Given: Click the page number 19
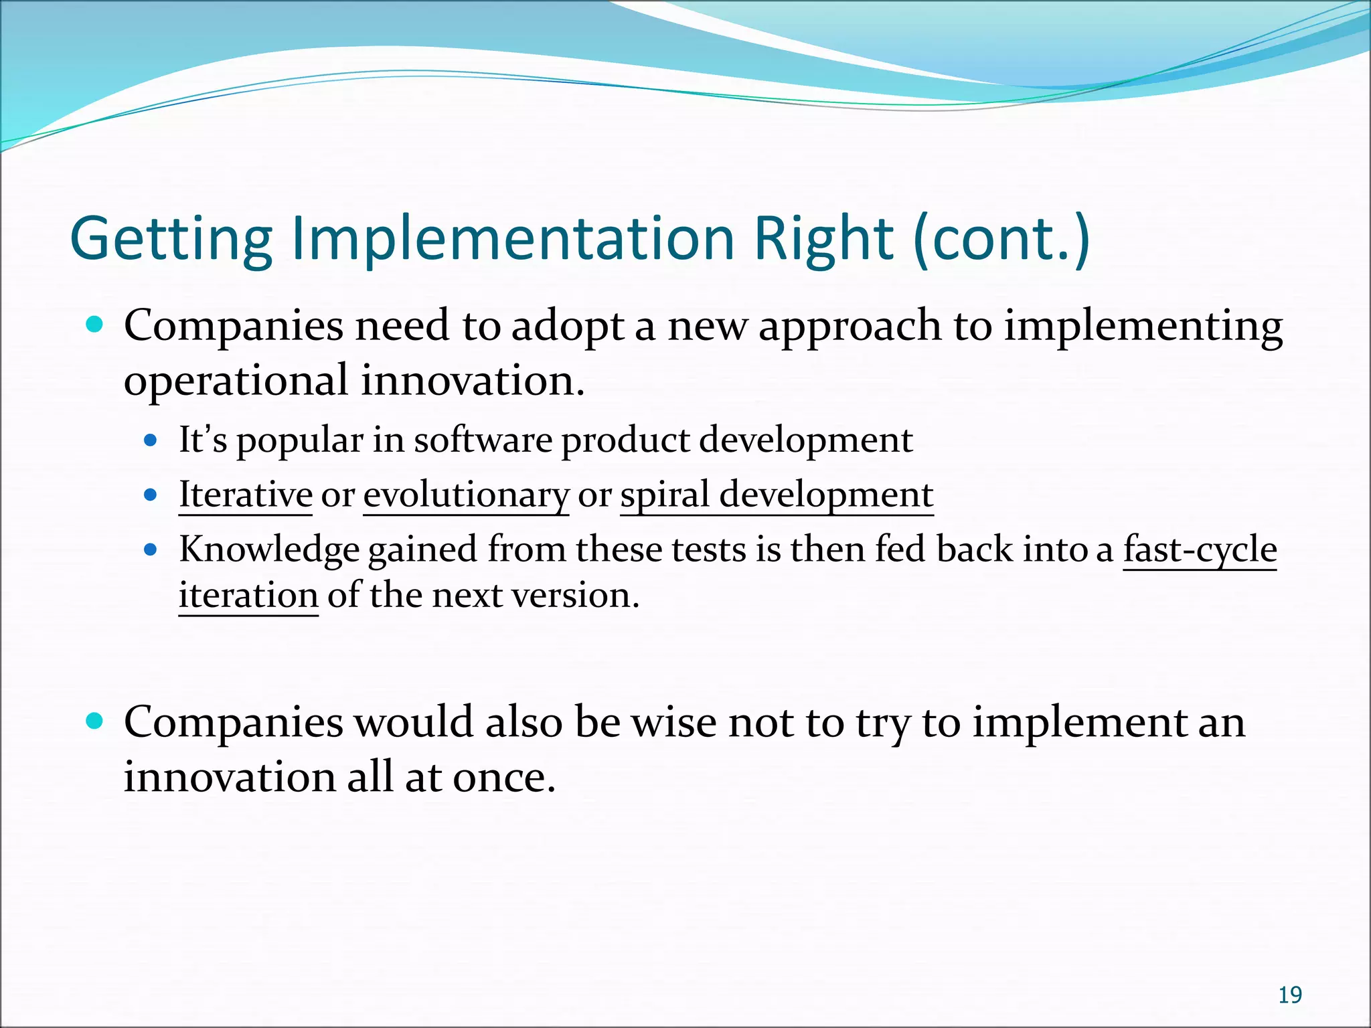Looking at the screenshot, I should tap(1289, 996).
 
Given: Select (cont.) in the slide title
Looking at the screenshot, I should tap(1001, 240).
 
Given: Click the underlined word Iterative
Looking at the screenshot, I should tap(245, 495).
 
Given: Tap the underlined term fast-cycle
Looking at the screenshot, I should tap(1200, 550).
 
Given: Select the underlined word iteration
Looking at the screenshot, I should tap(248, 596).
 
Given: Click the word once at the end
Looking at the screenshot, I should tap(503, 778).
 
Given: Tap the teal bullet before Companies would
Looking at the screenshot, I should tap(95, 721).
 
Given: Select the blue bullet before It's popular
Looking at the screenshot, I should tap(151, 441).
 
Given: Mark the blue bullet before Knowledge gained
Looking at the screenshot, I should tap(151, 550).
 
